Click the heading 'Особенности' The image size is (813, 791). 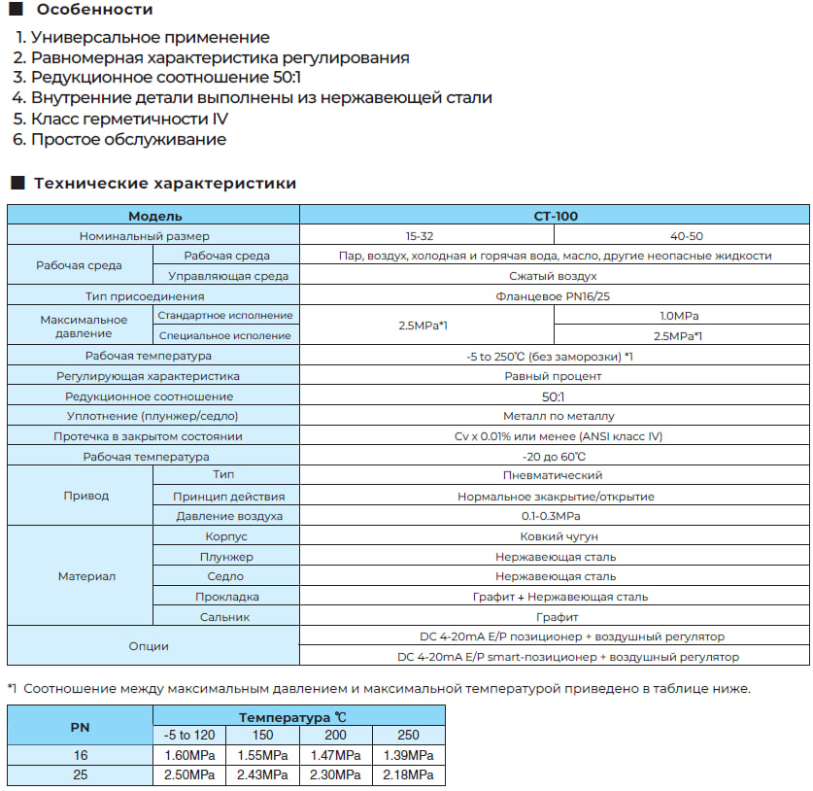[x=93, y=10]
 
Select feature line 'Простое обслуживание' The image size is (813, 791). [x=128, y=139]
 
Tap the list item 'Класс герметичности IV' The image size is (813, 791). [x=130, y=119]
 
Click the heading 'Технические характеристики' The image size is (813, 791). [x=165, y=183]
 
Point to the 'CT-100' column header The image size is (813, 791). [x=555, y=216]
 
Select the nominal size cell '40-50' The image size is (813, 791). [x=686, y=236]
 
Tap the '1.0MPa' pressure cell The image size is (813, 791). [x=679, y=316]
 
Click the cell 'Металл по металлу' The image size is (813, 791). [x=554, y=416]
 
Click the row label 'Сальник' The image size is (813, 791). [x=224, y=617]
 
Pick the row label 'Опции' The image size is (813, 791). [x=149, y=646]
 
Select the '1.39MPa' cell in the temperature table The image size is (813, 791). [x=408, y=755]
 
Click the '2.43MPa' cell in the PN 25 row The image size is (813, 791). [x=261, y=774]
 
